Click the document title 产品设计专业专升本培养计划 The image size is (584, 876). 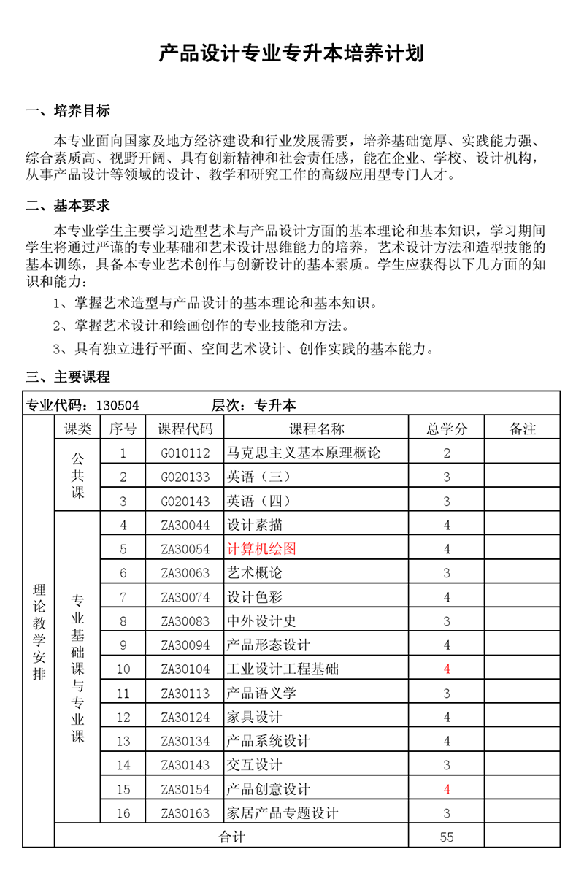click(x=291, y=54)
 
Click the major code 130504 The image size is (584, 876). click(x=118, y=405)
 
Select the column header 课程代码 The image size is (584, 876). click(x=185, y=429)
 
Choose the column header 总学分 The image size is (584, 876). click(x=447, y=429)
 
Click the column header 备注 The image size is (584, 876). click(x=522, y=429)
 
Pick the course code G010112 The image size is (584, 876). click(x=185, y=453)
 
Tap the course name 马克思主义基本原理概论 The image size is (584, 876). click(x=304, y=453)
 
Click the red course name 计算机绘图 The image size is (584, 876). click(x=261, y=549)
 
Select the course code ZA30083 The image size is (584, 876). click(x=185, y=621)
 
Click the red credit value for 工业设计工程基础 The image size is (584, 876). click(x=447, y=669)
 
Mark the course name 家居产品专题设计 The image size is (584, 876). click(x=283, y=813)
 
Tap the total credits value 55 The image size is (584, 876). click(x=447, y=837)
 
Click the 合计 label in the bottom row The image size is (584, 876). click(x=232, y=837)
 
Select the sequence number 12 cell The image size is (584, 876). click(x=123, y=718)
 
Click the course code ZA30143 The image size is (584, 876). click(x=185, y=765)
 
